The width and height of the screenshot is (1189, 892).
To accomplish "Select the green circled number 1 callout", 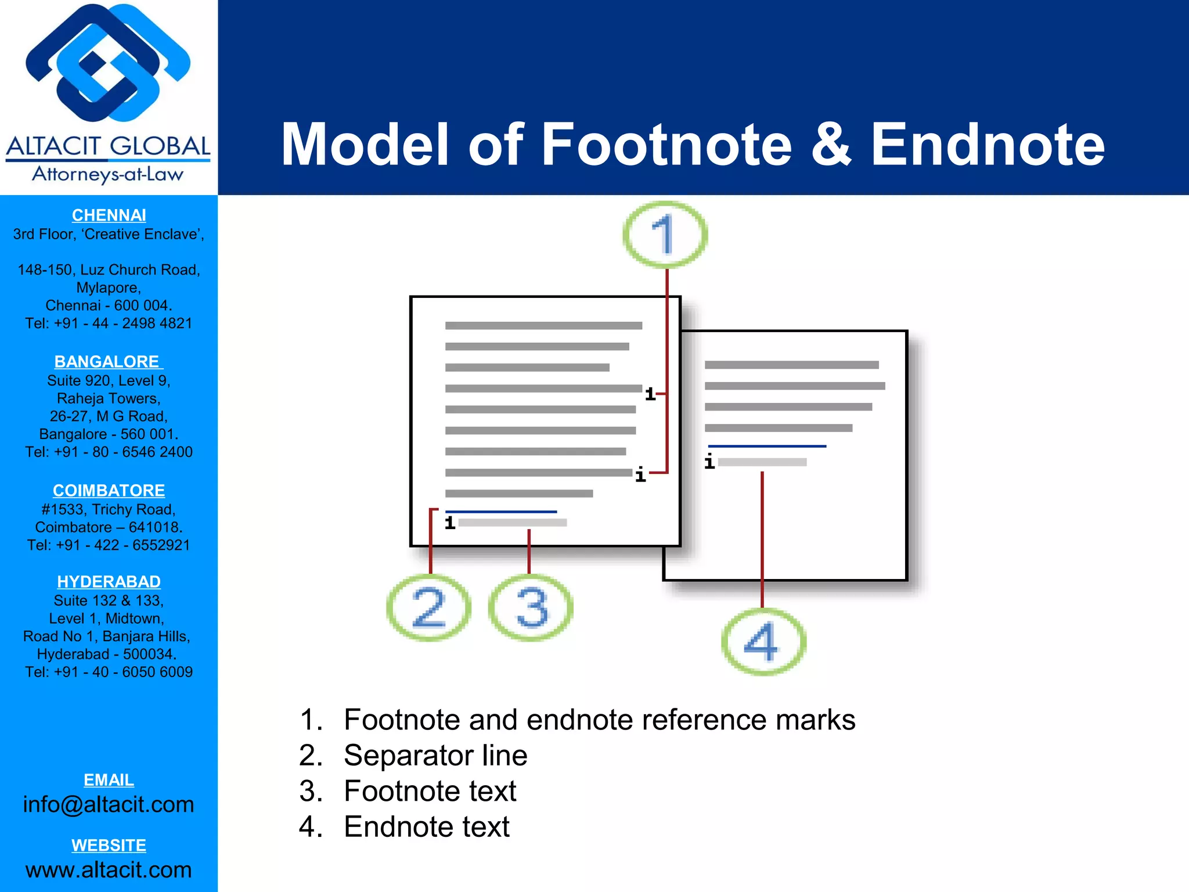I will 665,235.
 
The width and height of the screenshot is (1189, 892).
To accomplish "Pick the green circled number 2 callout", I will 429,607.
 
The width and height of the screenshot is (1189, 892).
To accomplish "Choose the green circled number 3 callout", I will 531,607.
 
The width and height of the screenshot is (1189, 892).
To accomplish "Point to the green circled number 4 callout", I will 763,641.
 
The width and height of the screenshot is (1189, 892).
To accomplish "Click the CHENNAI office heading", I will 109,215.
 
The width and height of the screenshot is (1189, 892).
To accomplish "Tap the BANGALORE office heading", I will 109,362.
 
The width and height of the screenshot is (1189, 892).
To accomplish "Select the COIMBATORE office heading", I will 109,491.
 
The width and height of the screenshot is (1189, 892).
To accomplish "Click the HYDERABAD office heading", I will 109,581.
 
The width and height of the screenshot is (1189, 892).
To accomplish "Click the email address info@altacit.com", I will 109,805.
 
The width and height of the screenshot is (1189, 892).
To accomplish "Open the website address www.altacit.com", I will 109,870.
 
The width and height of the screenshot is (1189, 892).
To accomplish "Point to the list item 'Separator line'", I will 435,756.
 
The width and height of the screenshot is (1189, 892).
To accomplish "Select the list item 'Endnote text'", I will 427,827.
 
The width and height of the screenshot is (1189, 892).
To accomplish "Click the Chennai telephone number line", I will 109,323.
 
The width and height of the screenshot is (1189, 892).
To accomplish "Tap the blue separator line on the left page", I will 501,512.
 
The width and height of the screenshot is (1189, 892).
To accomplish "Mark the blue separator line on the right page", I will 766,446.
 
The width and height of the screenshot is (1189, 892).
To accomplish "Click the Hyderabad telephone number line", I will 109,672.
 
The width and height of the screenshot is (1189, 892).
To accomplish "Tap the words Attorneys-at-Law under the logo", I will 108,174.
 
